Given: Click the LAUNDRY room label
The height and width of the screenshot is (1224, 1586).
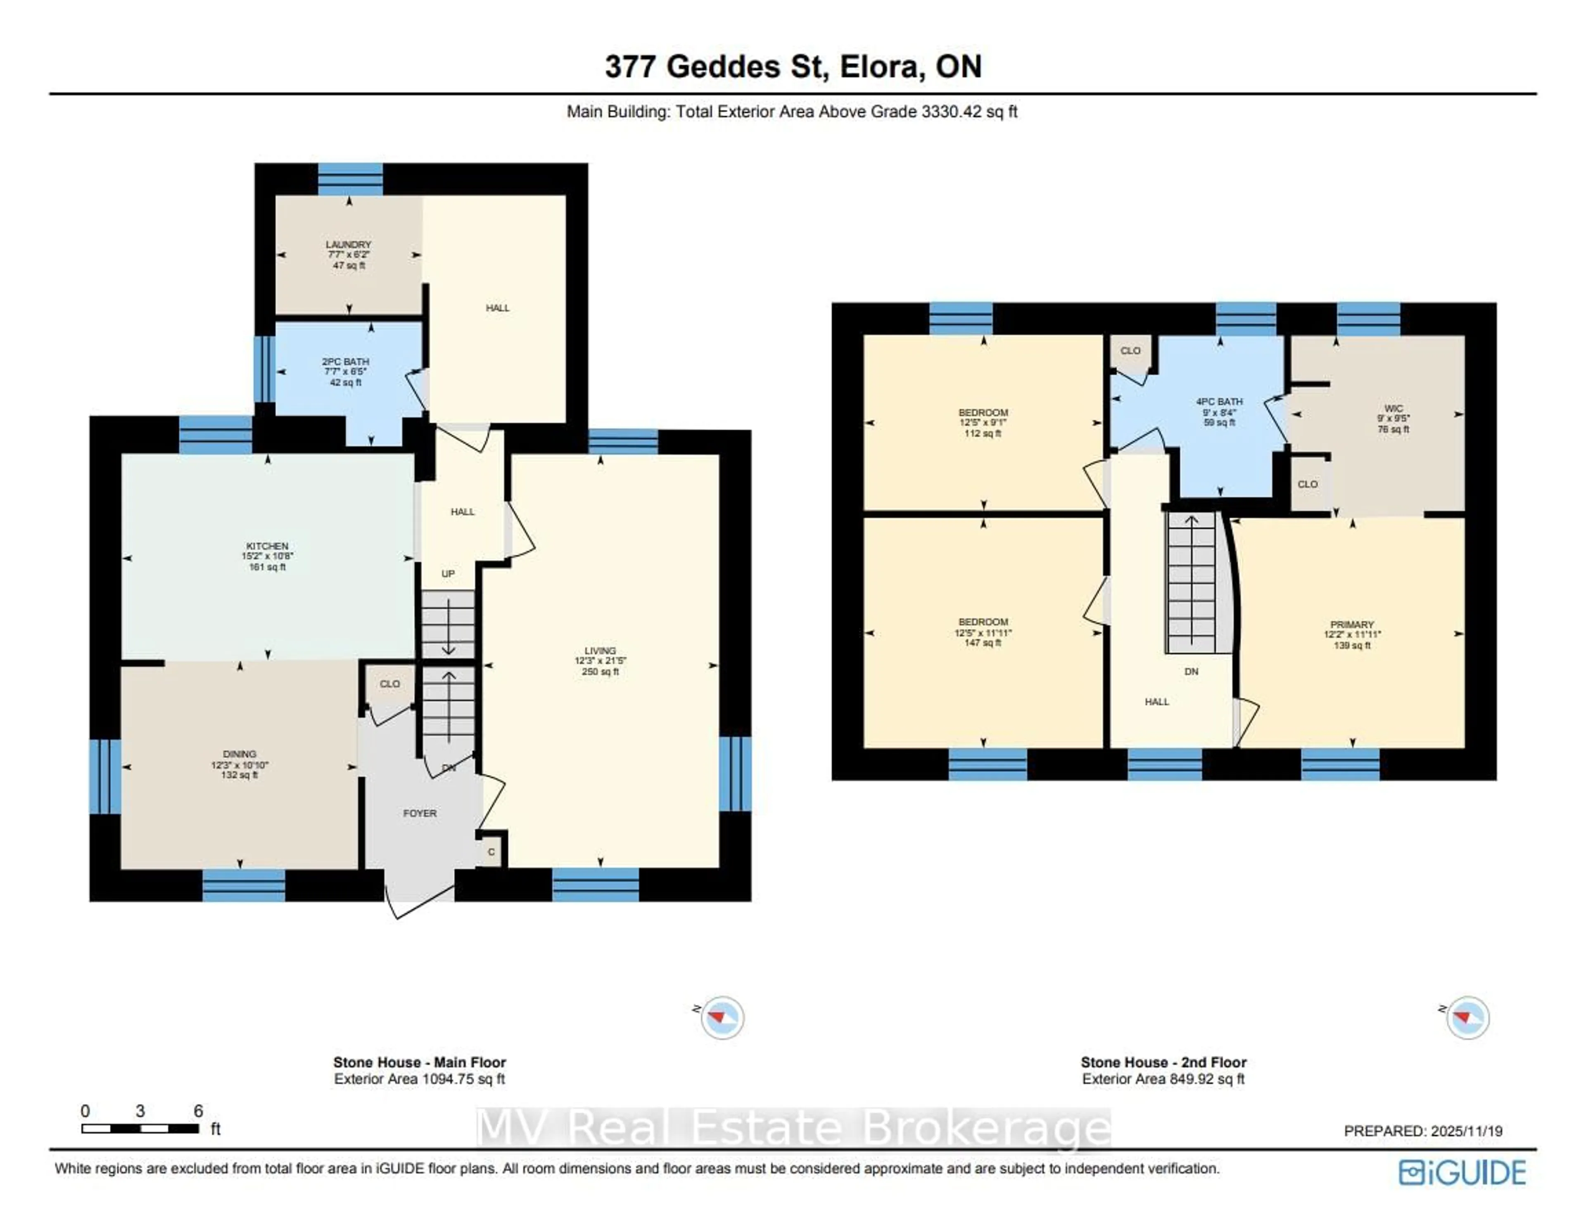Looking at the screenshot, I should (349, 245).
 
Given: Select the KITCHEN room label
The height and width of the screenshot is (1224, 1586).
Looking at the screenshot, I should (267, 546).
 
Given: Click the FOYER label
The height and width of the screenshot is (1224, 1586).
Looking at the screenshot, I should (420, 813).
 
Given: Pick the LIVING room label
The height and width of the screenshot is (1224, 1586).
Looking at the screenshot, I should (600, 651).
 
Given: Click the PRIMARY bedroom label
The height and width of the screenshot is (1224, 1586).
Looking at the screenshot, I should (1352, 625).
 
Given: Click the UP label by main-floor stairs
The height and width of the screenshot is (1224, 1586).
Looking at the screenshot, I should (448, 574).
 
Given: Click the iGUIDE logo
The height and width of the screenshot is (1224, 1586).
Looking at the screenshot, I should (1462, 1173).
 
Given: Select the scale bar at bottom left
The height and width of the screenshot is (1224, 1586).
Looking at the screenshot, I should (140, 1128).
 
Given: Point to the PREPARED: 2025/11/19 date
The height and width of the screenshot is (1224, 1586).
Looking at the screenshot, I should (1422, 1131).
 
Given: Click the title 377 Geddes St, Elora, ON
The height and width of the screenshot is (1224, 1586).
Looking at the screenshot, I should (793, 67).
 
